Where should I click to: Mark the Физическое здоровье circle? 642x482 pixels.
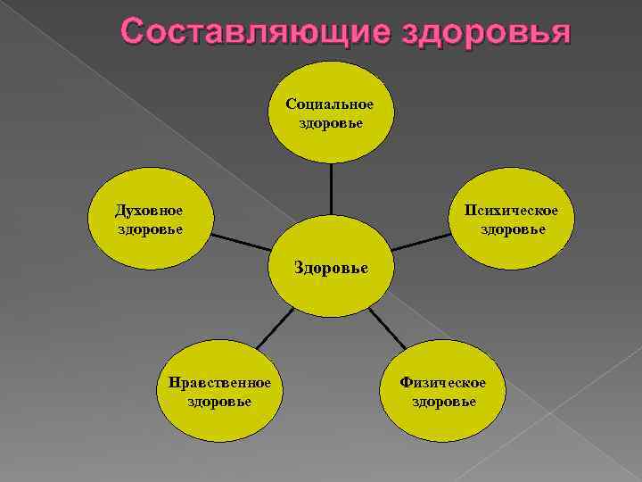(443, 393)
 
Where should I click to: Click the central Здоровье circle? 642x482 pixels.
(332, 267)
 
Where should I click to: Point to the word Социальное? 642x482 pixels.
(330, 104)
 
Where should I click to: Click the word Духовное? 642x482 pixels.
(149, 211)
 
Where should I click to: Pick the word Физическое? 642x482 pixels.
(443, 383)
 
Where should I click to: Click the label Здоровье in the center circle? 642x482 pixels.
(332, 267)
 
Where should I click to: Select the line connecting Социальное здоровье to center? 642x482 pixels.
(331, 189)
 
